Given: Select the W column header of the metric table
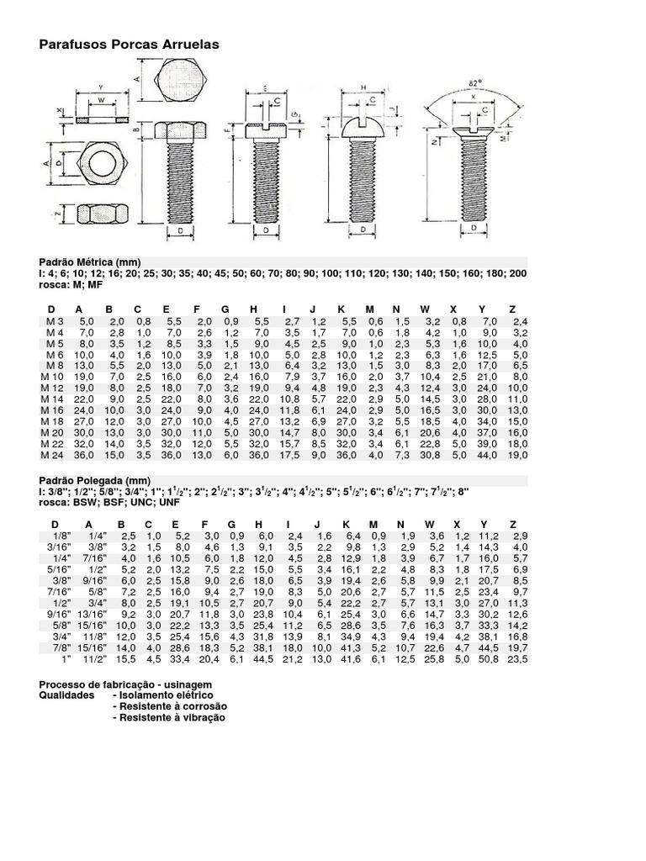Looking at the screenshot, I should click(x=426, y=309).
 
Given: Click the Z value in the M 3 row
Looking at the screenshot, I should click(x=519, y=322).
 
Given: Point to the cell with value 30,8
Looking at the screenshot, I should click(x=430, y=454).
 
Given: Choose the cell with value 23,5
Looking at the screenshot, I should click(x=519, y=660).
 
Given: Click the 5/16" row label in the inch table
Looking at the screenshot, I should click(x=58, y=569).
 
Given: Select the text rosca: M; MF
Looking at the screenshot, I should click(x=71, y=284).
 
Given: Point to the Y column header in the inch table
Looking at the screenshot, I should click(x=482, y=524).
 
